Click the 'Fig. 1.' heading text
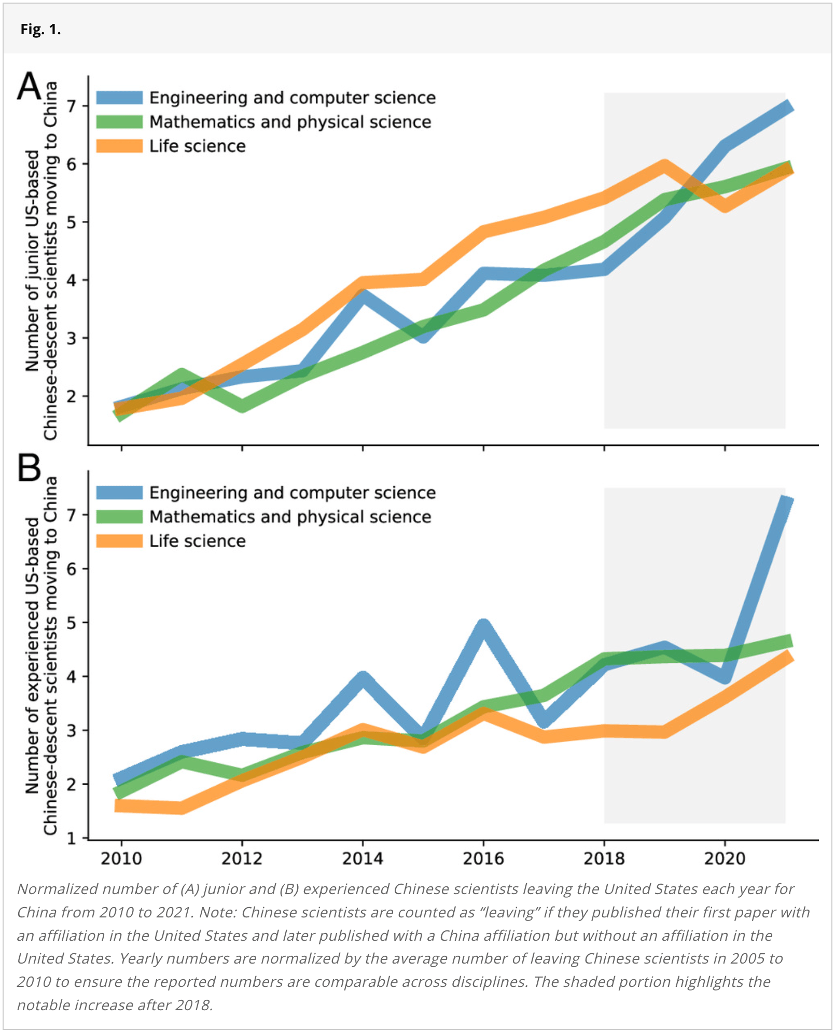pos(40,30)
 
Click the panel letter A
pos(29,86)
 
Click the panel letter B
pos(29,468)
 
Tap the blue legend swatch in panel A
pos(119,97)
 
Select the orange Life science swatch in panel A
pos(119,146)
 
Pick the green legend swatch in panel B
pos(119,517)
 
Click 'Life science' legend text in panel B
pos(197,541)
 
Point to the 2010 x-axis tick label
pos(121,859)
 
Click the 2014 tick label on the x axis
pos(363,859)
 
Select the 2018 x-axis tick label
pos(604,859)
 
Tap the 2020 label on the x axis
pos(725,859)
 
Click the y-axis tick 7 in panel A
pos(72,106)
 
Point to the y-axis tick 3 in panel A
pos(72,338)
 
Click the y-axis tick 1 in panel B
pos(72,838)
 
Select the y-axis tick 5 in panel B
pos(72,622)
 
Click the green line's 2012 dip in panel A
pos(242,406)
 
